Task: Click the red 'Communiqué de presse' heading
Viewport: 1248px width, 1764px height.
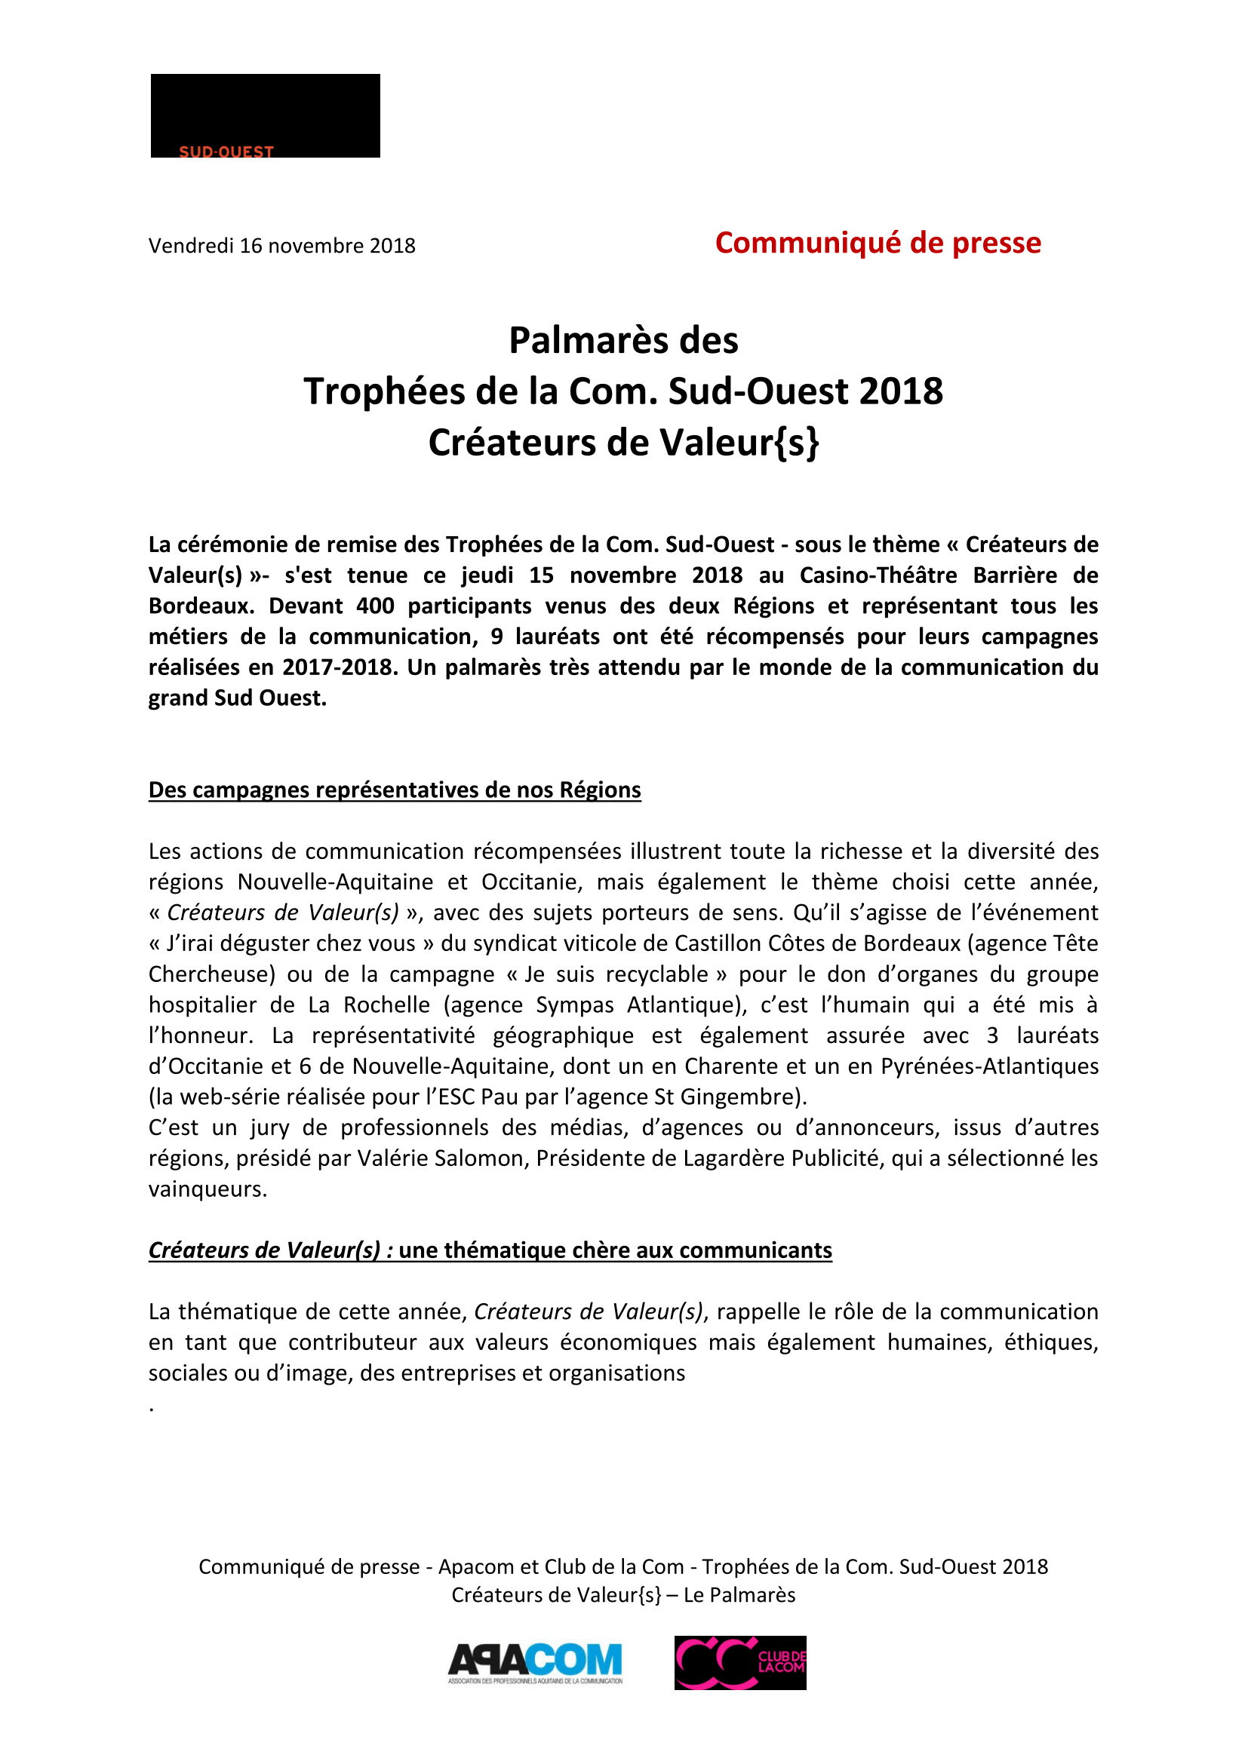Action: pyautogui.click(x=878, y=243)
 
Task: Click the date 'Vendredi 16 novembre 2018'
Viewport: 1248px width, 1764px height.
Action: pyautogui.click(x=281, y=246)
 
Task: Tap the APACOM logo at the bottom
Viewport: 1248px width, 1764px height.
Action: pyautogui.click(x=535, y=1663)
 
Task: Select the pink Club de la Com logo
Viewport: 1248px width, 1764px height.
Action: pyautogui.click(x=740, y=1663)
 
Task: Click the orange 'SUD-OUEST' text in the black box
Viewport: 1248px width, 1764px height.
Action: pyautogui.click(x=226, y=152)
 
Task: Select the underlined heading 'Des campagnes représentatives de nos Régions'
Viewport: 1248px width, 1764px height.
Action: pyautogui.click(x=394, y=790)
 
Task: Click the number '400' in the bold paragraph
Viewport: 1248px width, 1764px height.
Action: pyautogui.click(x=375, y=606)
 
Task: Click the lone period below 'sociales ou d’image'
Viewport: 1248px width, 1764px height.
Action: pyautogui.click(x=152, y=1408)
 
